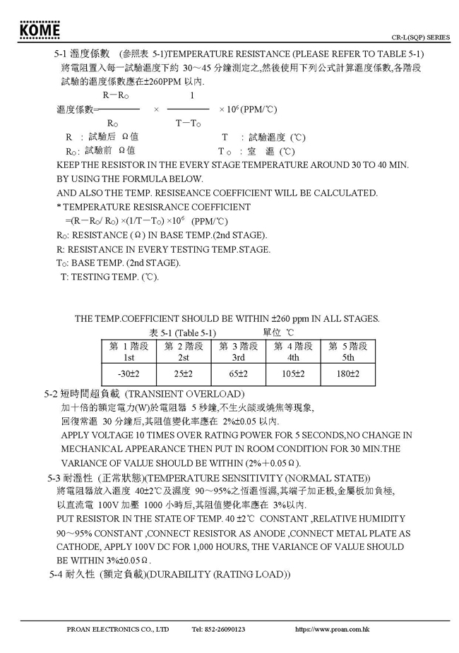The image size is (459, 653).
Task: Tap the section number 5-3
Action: click(57, 478)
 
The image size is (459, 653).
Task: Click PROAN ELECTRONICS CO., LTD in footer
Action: click(118, 629)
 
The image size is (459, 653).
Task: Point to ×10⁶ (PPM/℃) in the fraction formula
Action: click(247, 109)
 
